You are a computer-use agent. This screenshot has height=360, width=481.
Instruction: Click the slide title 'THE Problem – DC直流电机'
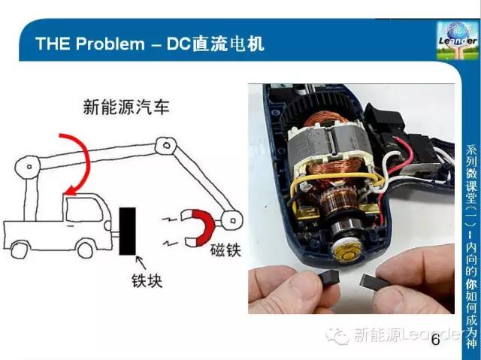pos(150,43)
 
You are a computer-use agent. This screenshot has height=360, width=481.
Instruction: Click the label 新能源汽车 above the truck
pos(126,107)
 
